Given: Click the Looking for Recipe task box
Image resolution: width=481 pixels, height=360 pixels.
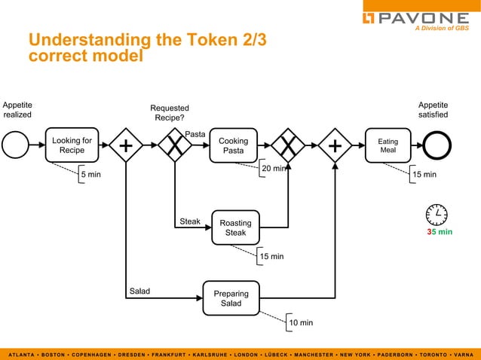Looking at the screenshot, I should point(72,145).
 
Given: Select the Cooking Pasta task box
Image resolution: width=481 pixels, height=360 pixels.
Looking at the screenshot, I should point(233,145).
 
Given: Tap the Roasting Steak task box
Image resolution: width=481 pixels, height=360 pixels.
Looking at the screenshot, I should point(235,227).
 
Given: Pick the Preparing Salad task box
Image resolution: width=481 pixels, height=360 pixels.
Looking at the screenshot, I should point(231,297).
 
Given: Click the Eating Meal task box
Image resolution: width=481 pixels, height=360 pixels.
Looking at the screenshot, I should point(388,145).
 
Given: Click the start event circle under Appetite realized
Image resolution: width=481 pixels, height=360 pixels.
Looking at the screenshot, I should point(15,145).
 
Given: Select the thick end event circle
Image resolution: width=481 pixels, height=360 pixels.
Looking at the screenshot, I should point(437,145).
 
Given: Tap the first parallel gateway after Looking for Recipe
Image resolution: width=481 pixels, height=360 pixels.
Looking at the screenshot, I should point(127,145).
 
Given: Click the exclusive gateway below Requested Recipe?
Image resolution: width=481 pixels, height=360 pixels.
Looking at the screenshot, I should point(175,145).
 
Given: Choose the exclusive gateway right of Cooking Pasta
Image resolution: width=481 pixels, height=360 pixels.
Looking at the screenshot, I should point(288,145).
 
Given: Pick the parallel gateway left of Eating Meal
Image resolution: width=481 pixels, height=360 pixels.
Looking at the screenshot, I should point(334,145).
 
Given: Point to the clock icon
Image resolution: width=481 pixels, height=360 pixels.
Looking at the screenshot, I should point(437,215).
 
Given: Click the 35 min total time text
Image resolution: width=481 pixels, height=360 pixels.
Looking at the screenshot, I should point(440,232).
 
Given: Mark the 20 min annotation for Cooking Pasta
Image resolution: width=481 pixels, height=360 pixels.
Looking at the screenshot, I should point(273,169).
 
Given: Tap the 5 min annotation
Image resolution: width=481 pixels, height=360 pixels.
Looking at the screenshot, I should point(90,175).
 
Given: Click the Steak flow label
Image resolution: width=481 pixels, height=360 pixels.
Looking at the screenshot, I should point(190,221).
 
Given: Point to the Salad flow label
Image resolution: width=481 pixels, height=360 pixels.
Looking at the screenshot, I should point(139,291).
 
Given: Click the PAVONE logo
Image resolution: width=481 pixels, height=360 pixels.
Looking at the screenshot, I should point(415,18).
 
